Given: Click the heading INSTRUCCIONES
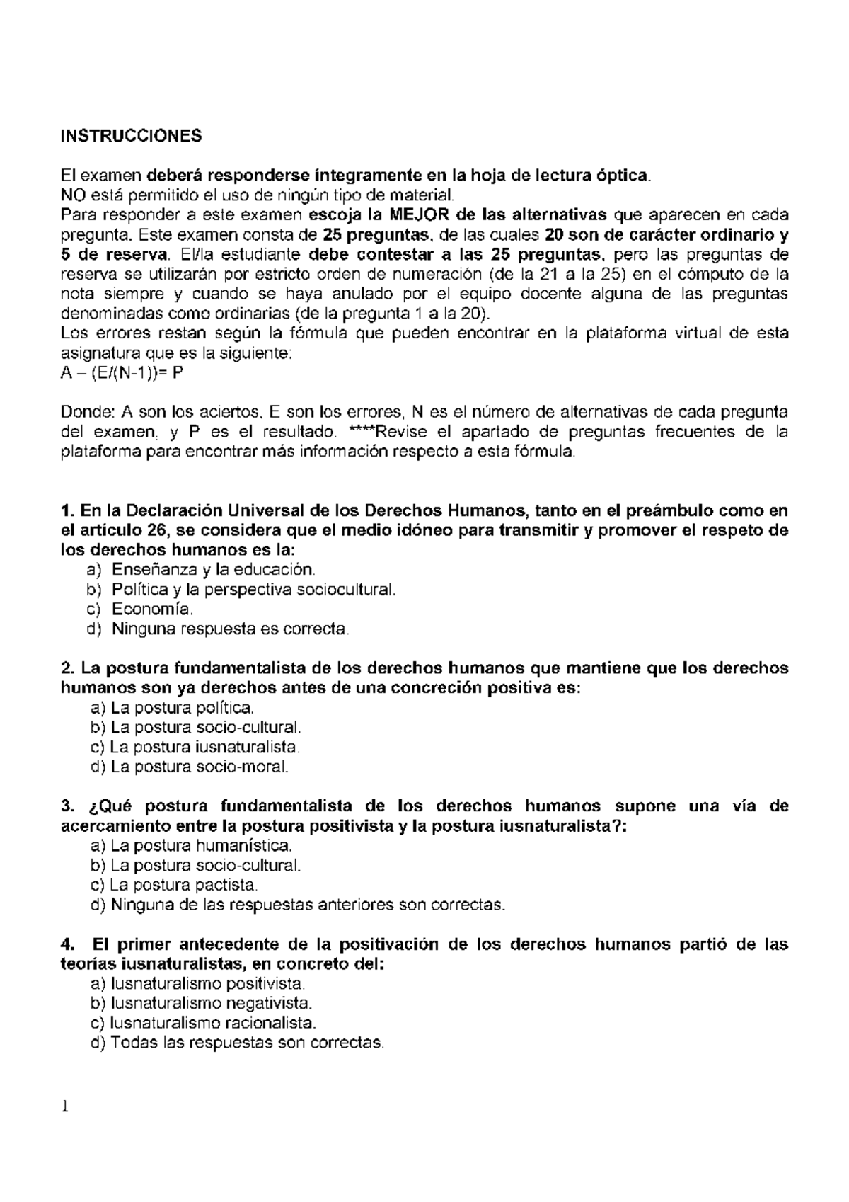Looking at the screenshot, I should [131, 136].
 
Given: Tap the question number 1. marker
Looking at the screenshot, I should [68, 511].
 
